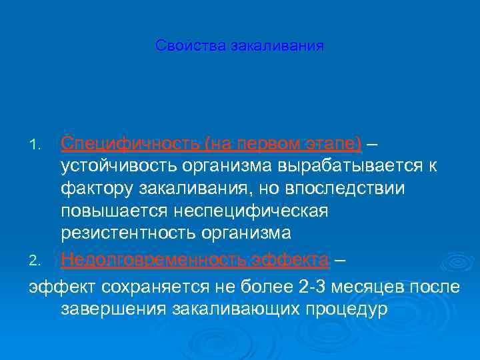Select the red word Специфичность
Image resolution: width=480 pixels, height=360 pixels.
pos(130,144)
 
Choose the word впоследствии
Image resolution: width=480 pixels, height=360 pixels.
pos(349,189)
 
